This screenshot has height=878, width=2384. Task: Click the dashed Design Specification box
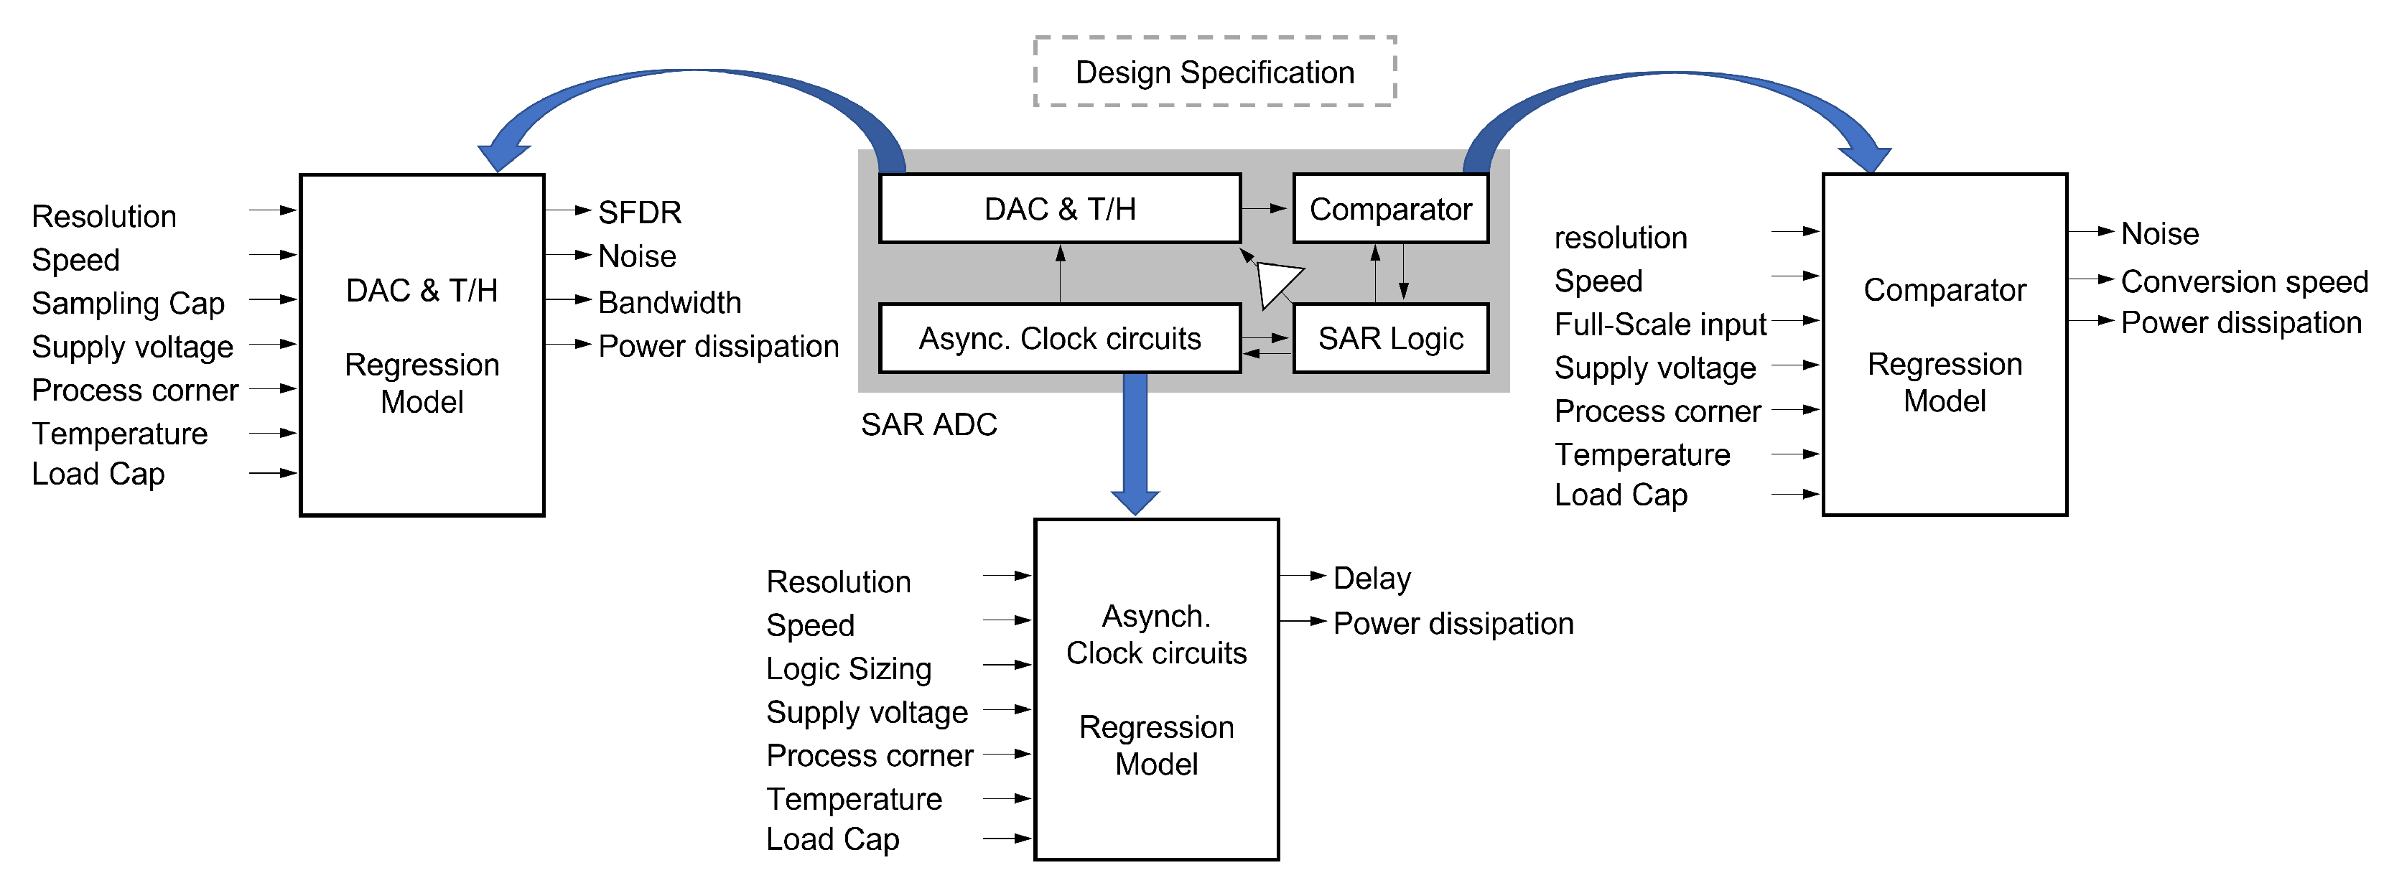tap(1214, 73)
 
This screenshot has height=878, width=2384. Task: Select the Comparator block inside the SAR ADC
tap(1390, 209)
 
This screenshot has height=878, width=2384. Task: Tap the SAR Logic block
tap(1390, 339)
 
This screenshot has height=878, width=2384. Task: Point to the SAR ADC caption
tap(928, 425)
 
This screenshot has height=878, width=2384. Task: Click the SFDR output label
tap(640, 213)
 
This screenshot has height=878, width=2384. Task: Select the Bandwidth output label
tap(669, 302)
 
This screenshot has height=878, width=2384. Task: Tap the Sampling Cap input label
tap(128, 304)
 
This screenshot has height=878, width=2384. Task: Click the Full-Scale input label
tap(1659, 324)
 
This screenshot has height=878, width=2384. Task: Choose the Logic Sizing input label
tap(849, 669)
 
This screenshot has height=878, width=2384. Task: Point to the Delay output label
tap(1372, 579)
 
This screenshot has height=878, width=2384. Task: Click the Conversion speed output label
tap(2243, 281)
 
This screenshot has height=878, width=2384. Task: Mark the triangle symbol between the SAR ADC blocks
tap(1276, 283)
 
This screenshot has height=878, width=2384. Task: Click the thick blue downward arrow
tap(1135, 444)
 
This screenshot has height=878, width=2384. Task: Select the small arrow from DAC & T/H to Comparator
tap(1265, 209)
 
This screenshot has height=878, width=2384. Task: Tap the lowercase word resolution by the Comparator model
tap(1621, 238)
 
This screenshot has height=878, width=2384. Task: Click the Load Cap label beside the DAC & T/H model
tap(98, 474)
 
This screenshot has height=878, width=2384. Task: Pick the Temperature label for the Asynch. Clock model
tap(853, 799)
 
